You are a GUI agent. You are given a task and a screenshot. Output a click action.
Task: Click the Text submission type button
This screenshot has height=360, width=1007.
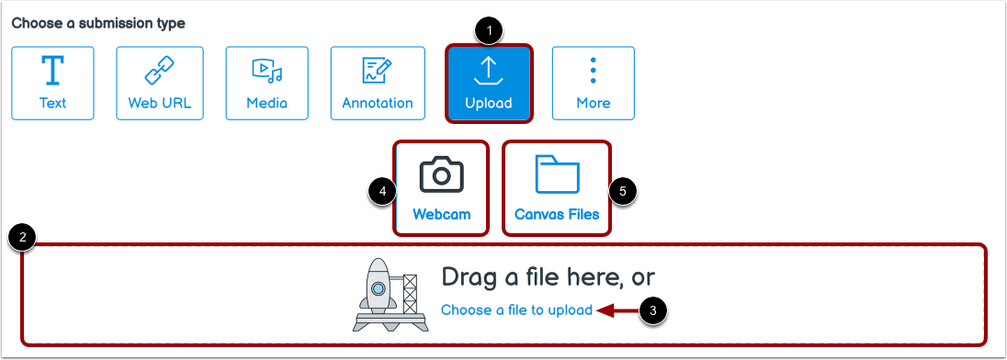click(x=52, y=84)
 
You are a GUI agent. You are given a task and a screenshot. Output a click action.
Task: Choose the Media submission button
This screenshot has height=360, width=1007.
click(x=266, y=84)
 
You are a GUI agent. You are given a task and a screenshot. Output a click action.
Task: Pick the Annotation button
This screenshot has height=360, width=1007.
click(x=377, y=84)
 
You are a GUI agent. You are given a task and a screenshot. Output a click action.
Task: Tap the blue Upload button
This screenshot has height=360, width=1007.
click(x=488, y=84)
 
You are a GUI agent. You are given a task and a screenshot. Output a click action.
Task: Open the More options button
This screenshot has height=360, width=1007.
click(x=593, y=84)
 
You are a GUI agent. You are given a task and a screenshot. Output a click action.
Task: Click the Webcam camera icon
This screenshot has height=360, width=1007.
click(x=441, y=174)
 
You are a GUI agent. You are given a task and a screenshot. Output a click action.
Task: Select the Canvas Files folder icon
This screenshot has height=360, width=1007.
click(x=557, y=174)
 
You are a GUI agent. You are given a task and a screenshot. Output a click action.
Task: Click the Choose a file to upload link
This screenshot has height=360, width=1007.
click(x=516, y=310)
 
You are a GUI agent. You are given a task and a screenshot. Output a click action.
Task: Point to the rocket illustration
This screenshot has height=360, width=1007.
click(x=379, y=294)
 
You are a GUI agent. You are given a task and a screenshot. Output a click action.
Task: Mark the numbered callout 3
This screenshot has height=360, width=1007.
click(x=652, y=310)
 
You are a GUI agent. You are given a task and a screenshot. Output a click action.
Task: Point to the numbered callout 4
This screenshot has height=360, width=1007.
click(x=380, y=191)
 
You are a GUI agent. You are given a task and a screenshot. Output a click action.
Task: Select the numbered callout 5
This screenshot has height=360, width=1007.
click(x=622, y=191)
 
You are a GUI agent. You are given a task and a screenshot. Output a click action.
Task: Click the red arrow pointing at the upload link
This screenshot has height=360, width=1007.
click(x=616, y=310)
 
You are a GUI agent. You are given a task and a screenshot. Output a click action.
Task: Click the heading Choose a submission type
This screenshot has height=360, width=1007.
click(x=98, y=23)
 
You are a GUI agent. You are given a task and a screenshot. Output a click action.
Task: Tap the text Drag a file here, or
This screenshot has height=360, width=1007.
click(x=548, y=277)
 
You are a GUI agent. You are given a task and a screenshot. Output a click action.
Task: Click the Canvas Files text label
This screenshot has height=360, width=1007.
click(x=557, y=215)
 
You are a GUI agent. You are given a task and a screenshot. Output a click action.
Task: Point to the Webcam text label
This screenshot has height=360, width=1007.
click(x=441, y=215)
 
